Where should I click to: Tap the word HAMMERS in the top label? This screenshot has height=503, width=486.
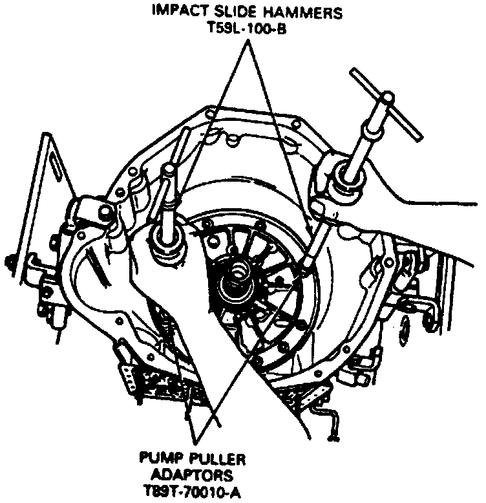(x=303, y=12)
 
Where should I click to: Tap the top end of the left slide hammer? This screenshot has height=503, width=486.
(x=169, y=169)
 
